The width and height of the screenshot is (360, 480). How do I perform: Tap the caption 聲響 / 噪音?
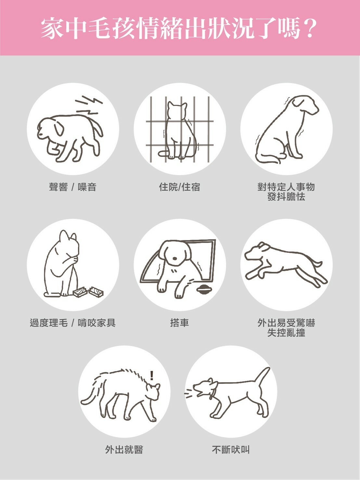72,187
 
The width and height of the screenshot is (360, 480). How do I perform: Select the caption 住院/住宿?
180,187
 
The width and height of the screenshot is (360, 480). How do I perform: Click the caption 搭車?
180,323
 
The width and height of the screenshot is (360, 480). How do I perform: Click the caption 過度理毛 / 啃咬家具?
72,323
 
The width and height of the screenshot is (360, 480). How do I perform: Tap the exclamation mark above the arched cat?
152,375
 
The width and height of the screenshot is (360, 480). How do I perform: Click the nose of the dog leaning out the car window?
175,259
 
